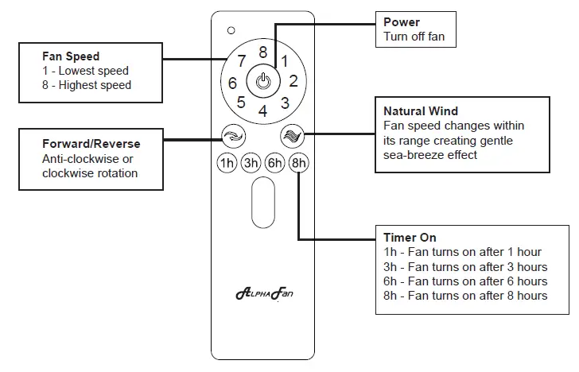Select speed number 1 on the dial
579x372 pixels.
pos(284,60)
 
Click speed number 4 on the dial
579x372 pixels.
pos(262,111)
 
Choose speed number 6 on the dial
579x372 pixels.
pos(232,83)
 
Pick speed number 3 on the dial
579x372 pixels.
pos(284,103)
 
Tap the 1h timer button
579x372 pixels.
pos(227,164)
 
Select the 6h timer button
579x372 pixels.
pos(274,164)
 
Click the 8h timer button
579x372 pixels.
pos(298,164)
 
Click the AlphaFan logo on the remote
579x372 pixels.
pos(263,294)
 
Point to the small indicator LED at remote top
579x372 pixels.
pos(231,30)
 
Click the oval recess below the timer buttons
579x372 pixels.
pos(262,203)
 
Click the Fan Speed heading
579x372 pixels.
pos(71,57)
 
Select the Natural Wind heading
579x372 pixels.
pos(421,111)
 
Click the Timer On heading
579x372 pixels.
pos(410,238)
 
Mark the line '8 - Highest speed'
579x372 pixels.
pos(87,85)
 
